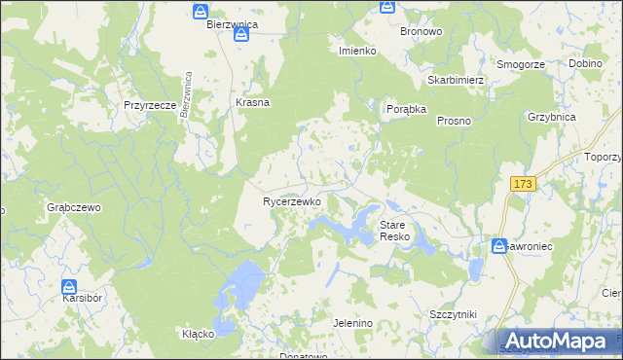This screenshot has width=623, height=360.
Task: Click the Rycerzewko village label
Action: click(x=292, y=201)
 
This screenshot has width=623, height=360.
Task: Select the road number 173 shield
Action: click(x=524, y=184)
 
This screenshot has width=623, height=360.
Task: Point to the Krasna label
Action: click(x=252, y=102)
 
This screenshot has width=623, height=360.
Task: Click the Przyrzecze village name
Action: click(x=149, y=104)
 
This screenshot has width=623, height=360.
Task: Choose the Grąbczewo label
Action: click(x=74, y=207)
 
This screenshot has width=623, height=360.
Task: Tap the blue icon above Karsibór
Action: click(x=70, y=288)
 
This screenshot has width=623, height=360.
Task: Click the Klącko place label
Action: click(x=198, y=334)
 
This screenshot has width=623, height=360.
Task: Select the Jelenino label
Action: click(x=352, y=323)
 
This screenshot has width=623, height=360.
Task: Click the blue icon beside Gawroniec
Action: click(x=500, y=247)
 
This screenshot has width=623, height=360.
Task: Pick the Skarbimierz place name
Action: click(x=456, y=80)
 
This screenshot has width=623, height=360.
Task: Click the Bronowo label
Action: click(x=421, y=31)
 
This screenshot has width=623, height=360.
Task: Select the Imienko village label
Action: click(x=357, y=50)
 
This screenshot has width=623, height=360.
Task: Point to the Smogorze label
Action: click(x=520, y=64)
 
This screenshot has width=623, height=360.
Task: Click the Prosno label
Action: click(x=454, y=121)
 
